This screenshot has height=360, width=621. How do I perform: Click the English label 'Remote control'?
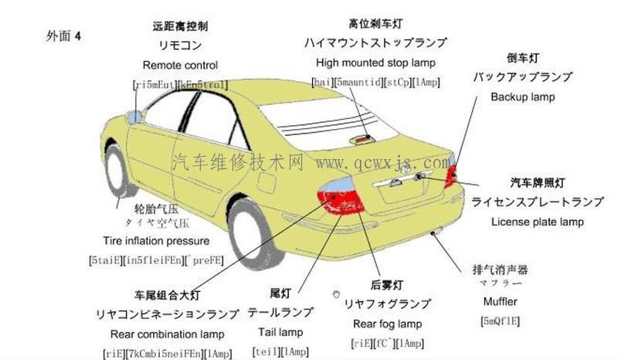click(180, 66)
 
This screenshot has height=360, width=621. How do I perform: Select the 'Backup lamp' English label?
click(522, 97)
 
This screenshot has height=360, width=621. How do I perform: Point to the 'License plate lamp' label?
click(538, 222)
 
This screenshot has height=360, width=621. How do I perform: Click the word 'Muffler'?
click(500, 301)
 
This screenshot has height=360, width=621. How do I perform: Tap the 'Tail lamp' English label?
click(280, 332)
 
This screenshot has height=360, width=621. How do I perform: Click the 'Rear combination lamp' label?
click(168, 335)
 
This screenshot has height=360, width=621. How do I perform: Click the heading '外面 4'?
click(63, 36)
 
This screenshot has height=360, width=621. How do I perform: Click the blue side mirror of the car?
click(136, 117)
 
